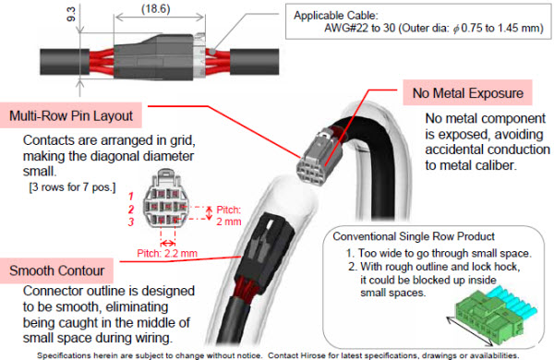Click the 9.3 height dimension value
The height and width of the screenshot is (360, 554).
tap(71, 14)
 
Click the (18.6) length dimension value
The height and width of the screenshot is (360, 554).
tap(156, 8)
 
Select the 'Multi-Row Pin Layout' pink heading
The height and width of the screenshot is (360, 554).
tap(71, 115)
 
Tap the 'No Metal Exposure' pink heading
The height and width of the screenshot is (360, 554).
tap(468, 92)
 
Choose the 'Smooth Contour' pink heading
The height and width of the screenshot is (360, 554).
tap(56, 270)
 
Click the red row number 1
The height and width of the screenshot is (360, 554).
tap(131, 196)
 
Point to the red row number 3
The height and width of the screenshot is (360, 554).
tap(131, 222)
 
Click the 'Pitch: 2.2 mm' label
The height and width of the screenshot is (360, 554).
tap(167, 253)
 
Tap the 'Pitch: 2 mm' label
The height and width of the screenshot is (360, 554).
tap(229, 215)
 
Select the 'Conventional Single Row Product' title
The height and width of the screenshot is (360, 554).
tap(414, 236)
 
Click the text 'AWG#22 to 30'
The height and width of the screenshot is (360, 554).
tap(360, 28)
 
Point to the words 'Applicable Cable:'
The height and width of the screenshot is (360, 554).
tap(336, 15)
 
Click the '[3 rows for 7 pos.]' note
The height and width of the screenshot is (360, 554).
tap(72, 186)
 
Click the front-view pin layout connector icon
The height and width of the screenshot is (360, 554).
tap(165, 198)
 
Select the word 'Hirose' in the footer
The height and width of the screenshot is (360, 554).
tap(311, 355)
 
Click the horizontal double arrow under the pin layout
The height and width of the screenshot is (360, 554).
tap(168, 243)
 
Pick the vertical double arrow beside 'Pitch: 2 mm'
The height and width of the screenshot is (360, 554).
tap(210, 213)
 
